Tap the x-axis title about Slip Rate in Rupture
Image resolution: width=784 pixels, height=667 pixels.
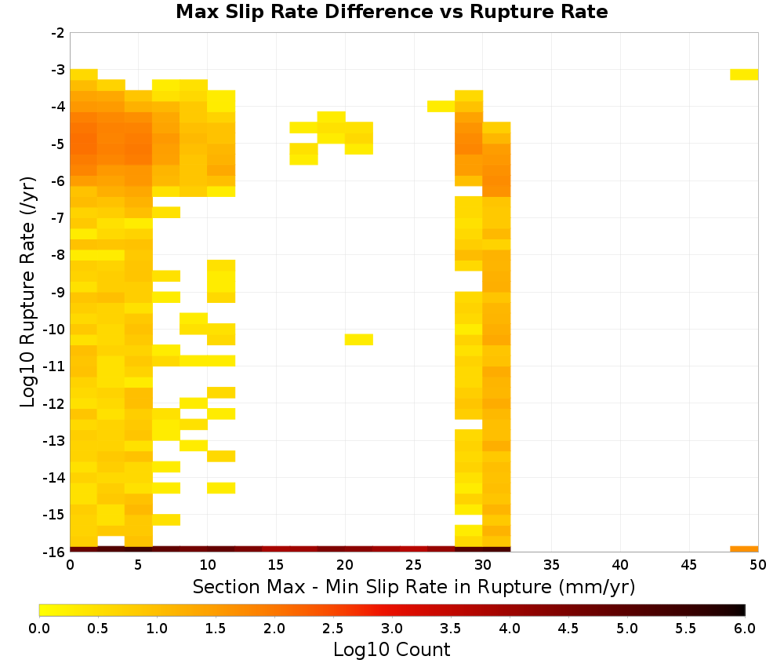coord(414,587)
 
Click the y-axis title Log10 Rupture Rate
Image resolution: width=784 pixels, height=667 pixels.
coord(28,292)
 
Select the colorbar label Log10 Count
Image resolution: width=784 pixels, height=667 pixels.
coord(391,650)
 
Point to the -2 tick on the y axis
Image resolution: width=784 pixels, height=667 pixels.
coord(58,33)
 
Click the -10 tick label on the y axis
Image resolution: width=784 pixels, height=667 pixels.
coord(54,330)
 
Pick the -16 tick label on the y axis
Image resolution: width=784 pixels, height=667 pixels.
coord(54,552)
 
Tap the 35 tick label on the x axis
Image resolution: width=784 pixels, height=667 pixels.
coord(551,566)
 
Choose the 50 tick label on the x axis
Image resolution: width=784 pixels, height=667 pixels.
coord(758,566)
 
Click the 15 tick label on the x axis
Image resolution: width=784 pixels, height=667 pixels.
coord(277,566)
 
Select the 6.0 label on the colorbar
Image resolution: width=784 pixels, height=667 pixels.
coord(745,629)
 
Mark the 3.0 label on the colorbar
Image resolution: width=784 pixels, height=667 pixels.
coord(391,629)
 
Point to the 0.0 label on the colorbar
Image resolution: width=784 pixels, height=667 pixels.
coord(39,629)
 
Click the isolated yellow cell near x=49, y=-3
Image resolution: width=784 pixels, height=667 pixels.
coord(744,75)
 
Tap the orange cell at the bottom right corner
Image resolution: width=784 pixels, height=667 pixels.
coord(744,549)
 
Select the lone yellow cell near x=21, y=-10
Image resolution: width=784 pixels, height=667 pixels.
coord(359,339)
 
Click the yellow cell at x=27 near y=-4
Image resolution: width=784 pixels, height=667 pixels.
coord(441,107)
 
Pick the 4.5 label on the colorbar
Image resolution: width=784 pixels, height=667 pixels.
coord(568,629)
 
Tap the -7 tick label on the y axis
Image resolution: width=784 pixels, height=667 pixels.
coord(58,218)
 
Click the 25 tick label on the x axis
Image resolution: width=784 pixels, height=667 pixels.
coord(414,566)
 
